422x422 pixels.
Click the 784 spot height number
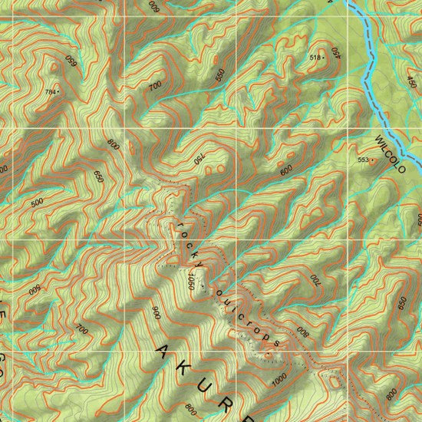point(50,92)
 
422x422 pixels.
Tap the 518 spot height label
point(314,58)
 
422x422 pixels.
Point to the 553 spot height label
point(363,160)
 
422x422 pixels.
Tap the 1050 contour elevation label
point(188,281)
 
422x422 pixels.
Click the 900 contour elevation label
point(156,313)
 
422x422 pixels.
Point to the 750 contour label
point(199,159)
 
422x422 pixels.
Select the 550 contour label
point(221,74)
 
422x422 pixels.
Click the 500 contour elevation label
point(37,203)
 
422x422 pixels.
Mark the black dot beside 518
point(324,58)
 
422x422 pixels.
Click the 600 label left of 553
point(286,172)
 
